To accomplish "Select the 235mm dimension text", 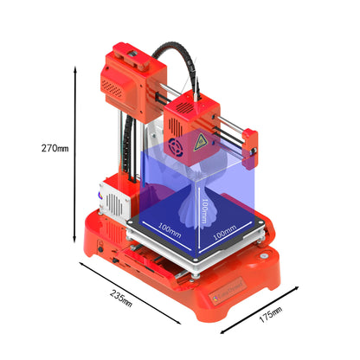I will [121, 297].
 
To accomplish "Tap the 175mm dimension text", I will [271, 312].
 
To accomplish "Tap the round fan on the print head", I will [180, 147].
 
